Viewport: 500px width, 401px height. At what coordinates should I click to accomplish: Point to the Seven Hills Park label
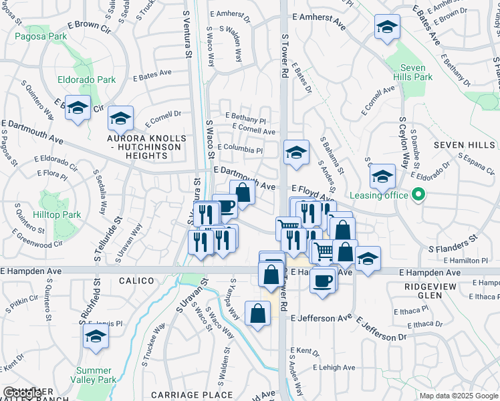pos(417,72)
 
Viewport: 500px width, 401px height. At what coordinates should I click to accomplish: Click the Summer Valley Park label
pos(94,375)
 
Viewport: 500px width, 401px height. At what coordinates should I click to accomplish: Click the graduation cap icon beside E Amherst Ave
pos(387,27)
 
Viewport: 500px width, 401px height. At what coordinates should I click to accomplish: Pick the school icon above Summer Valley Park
pos(96,339)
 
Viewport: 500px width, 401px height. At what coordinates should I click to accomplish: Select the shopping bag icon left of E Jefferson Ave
pos(258,313)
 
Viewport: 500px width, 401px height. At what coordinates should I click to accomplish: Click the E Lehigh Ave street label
pos(334,368)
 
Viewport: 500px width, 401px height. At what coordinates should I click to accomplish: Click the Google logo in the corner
pos(23,393)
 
